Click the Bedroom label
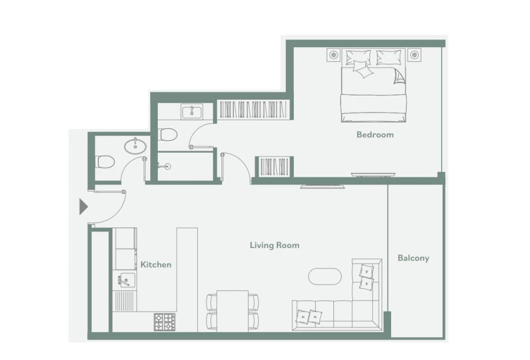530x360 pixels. click(375, 134)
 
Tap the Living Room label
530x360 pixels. click(274, 245)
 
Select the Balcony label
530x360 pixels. click(413, 257)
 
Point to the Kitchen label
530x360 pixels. click(156, 265)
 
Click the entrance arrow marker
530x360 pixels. click(83, 207)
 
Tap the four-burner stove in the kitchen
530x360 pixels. click(165, 321)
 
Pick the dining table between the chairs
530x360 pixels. click(232, 311)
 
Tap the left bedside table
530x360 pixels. click(334, 55)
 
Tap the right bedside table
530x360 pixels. click(415, 55)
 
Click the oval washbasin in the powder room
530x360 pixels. click(136, 146)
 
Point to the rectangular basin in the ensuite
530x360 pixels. click(191, 111)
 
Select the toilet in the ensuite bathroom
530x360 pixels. click(168, 134)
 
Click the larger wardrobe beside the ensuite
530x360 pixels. click(254, 110)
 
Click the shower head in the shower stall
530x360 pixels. click(167, 166)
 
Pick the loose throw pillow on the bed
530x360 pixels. click(363, 71)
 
